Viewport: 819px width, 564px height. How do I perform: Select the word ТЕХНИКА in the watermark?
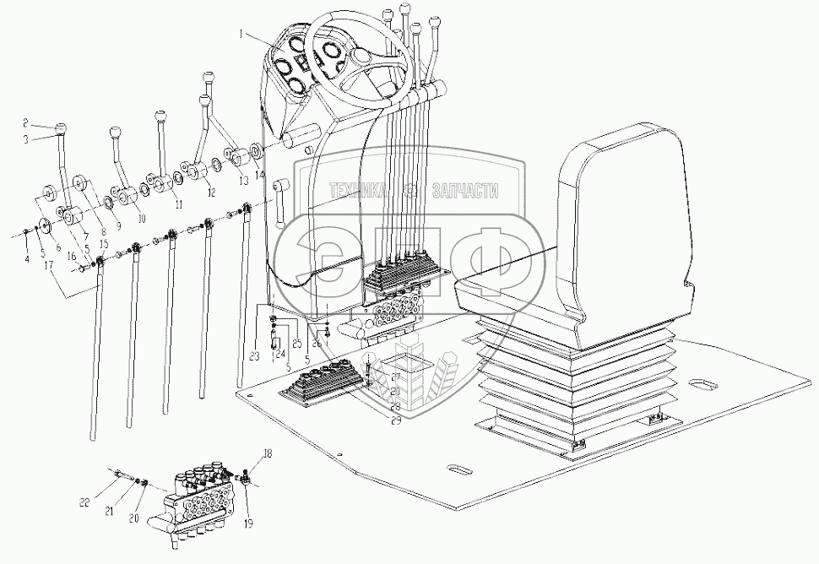tap(358, 189)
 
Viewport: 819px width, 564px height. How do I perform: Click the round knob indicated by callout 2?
tap(61, 128)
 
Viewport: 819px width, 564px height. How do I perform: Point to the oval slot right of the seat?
tap(701, 384)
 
